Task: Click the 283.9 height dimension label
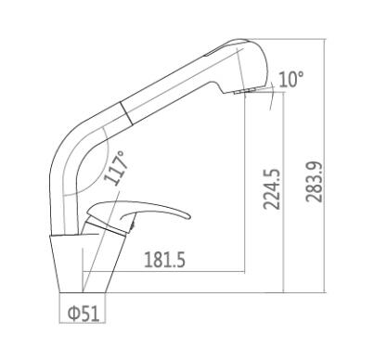(x=314, y=183)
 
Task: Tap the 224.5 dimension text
(x=271, y=189)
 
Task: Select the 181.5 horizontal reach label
(x=164, y=260)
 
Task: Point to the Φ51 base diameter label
(x=84, y=313)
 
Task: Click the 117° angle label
(x=115, y=168)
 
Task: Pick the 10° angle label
(x=290, y=79)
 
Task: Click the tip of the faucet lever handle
(x=189, y=216)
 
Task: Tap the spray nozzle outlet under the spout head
(x=244, y=91)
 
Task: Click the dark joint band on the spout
(x=126, y=113)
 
